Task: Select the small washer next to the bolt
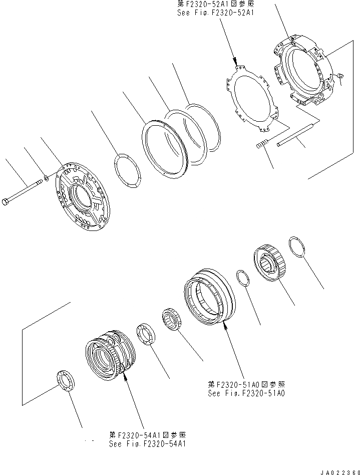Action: click(x=46, y=176)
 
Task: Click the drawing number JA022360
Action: click(x=335, y=470)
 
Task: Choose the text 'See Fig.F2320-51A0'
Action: click(x=246, y=393)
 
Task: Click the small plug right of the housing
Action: click(x=340, y=76)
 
